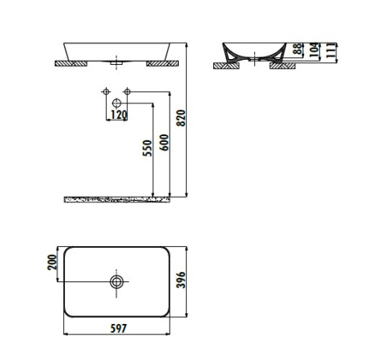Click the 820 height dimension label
[x=181, y=118]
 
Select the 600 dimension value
[x=165, y=143]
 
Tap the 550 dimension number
[x=148, y=148]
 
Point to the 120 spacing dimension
[x=119, y=115]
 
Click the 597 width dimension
[x=119, y=328]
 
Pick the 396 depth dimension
[x=181, y=280]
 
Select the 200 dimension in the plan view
[x=52, y=262]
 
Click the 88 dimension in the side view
[x=298, y=49]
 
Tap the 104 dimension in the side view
[x=315, y=50]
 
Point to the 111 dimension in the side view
[x=330, y=50]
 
